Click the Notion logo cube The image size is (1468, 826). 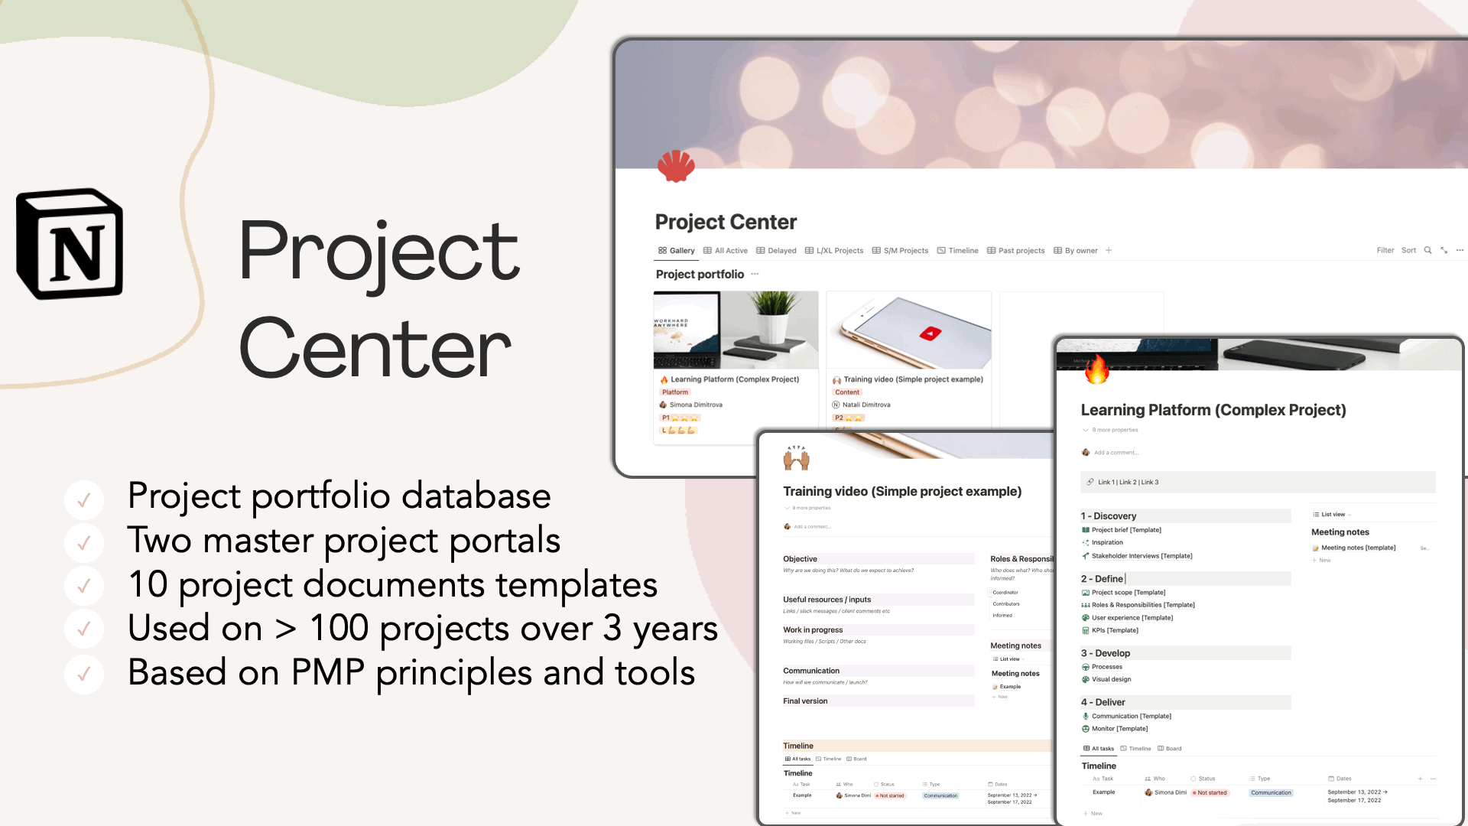coord(70,245)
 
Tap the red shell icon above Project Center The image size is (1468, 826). coord(676,165)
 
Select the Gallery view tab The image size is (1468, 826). coord(677,251)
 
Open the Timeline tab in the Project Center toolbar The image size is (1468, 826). coord(958,251)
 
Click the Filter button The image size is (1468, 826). coord(1385,251)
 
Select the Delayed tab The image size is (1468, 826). coord(777,251)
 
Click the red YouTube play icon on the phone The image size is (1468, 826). coord(930,333)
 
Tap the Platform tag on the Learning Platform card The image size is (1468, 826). coord(675,392)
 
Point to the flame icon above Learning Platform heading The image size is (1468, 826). coord(1097,369)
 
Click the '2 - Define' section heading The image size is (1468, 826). coord(1103,579)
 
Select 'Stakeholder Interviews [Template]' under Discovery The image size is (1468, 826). coord(1142,556)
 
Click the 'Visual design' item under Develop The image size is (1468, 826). coord(1111,680)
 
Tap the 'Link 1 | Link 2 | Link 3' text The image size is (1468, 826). coord(1128,483)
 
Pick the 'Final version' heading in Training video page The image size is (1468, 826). coord(805,701)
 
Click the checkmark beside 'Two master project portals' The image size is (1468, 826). coord(84,542)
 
